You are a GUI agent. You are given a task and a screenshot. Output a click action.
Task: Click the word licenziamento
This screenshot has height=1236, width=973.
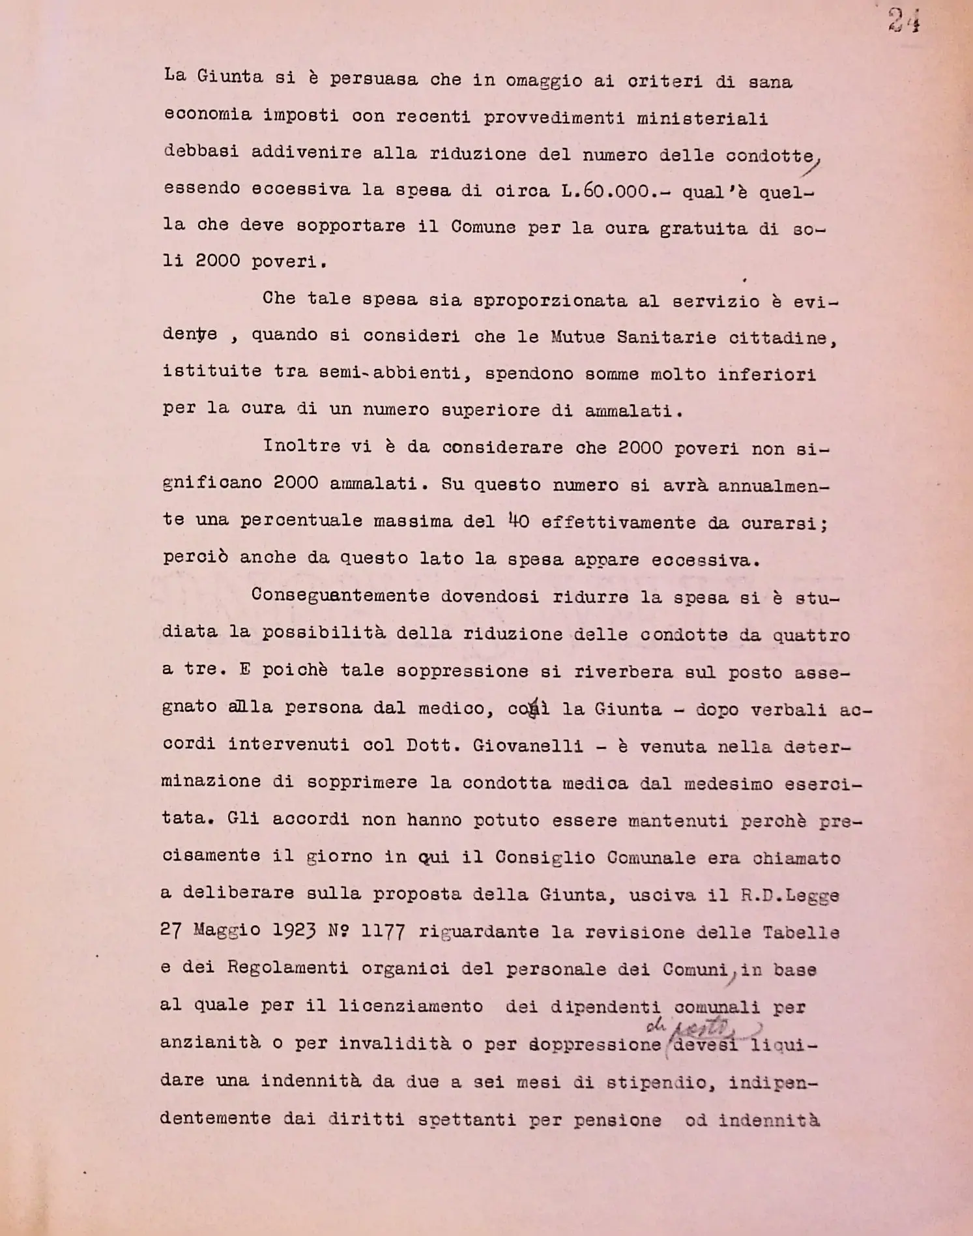click(410, 1005)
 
